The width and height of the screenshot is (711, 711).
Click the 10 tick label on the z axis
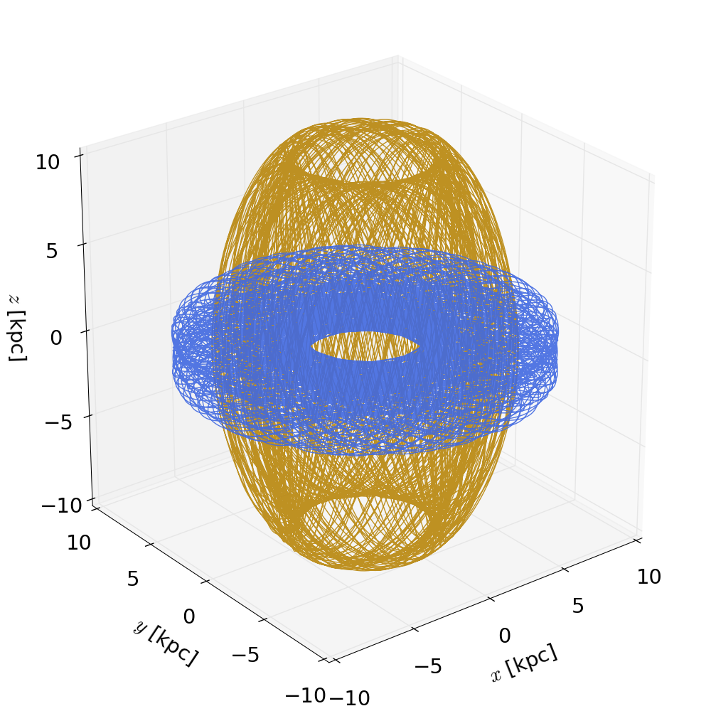(48, 162)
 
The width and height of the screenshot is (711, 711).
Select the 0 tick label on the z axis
(56, 337)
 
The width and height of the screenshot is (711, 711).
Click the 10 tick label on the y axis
(78, 543)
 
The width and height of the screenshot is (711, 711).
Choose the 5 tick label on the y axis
(133, 579)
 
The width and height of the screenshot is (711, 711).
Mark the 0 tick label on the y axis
(188, 616)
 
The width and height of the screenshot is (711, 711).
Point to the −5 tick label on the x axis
(428, 666)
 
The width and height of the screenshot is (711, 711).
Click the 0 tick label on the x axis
(504, 636)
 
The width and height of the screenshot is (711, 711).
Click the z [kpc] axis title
(17, 326)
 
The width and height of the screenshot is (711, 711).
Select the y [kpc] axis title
(165, 643)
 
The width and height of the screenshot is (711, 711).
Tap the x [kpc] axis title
(525, 663)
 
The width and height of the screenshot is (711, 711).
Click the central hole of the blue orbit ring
(365, 346)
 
